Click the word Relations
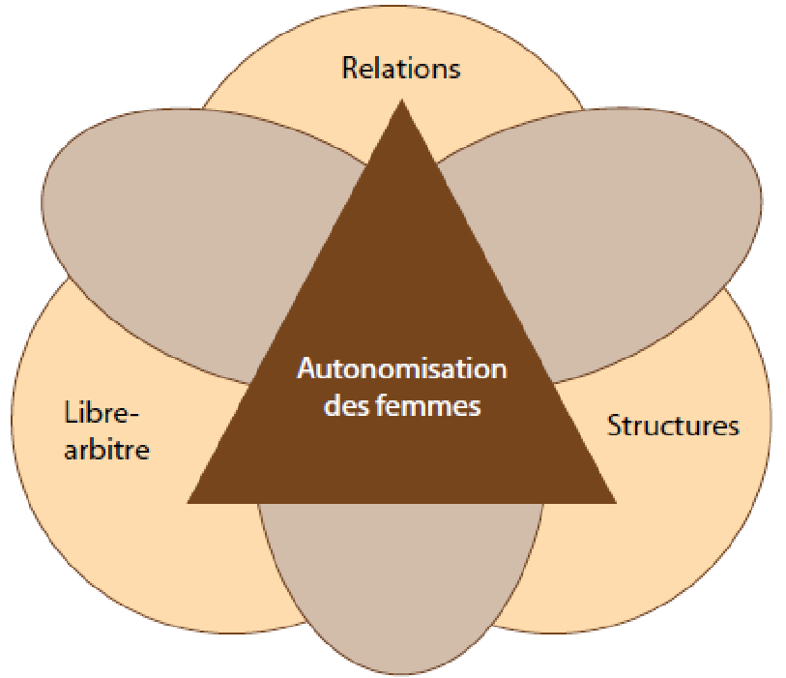[401, 69]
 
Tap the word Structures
[673, 426]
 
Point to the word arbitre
[107, 450]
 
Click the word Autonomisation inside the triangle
[401, 370]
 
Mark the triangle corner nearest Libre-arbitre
[190, 501]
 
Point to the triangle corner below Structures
[613, 501]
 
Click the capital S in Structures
[614, 426]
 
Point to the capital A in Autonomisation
[305, 370]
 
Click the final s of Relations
[454, 70]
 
